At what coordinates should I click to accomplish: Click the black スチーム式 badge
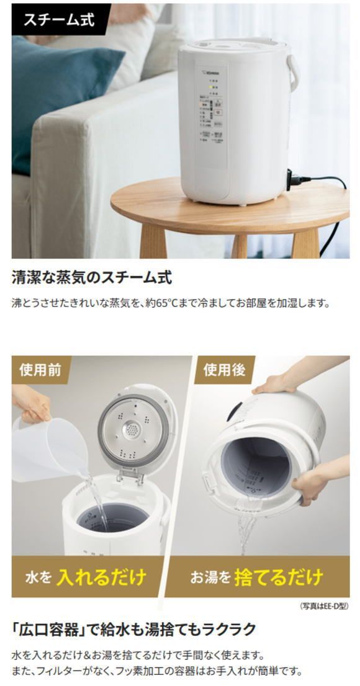click(x=59, y=19)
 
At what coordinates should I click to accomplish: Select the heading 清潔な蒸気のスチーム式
click(x=91, y=277)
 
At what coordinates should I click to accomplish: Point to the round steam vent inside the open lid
click(x=131, y=427)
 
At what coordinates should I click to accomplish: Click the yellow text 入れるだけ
click(x=102, y=577)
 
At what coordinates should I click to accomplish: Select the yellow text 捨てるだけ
click(x=279, y=577)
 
